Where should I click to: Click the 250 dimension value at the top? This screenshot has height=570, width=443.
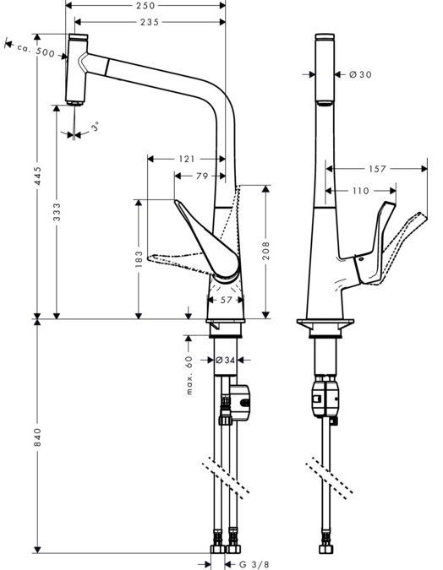[x=145, y=5]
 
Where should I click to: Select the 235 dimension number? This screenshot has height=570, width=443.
[x=150, y=23]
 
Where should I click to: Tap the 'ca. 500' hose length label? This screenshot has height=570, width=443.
[x=36, y=50]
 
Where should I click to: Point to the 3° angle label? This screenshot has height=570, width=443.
[x=95, y=127]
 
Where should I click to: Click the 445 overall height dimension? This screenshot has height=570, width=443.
[x=38, y=176]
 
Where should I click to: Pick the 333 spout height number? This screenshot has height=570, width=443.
[x=57, y=212]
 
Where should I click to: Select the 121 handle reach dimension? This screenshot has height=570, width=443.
[x=186, y=159]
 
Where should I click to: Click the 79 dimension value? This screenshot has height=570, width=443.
[x=202, y=176]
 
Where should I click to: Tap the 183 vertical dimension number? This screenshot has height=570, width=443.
[x=139, y=259]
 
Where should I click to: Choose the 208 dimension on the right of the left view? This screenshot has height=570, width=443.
[x=266, y=251]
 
